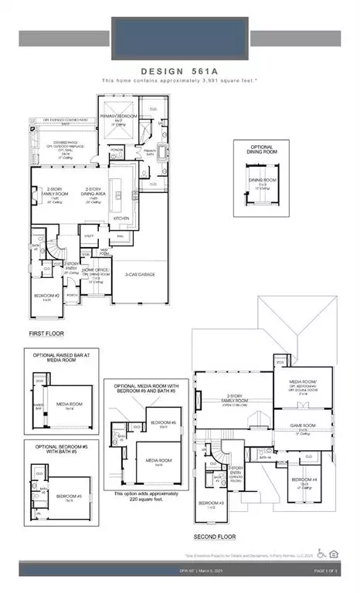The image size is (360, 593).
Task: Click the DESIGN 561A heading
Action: pyautogui.click(x=179, y=70)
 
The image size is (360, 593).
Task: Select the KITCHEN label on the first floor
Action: pyautogui.click(x=122, y=219)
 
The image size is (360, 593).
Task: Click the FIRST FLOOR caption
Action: pyautogui.click(x=46, y=334)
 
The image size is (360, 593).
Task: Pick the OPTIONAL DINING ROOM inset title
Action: pyautogui.click(x=261, y=150)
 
